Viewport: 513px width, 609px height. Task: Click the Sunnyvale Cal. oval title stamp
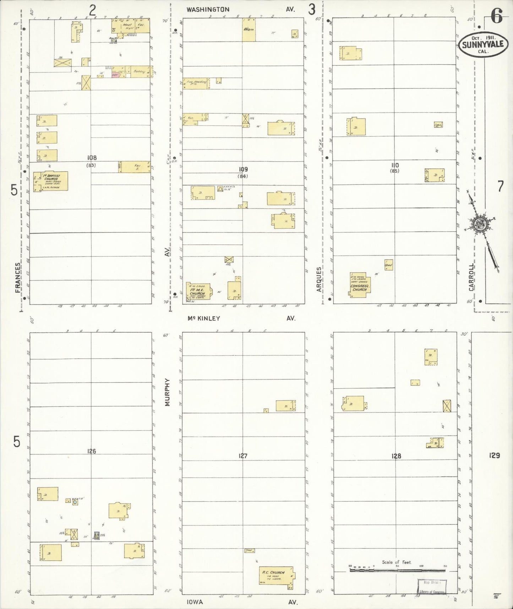[x=484, y=45]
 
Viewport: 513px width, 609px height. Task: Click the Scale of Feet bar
[x=397, y=570]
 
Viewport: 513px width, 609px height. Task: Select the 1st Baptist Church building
[x=51, y=181]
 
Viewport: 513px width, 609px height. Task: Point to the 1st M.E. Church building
[x=198, y=293]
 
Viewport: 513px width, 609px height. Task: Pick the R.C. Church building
[x=276, y=576]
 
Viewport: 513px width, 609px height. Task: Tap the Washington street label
[x=208, y=10]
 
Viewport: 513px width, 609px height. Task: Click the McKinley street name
[x=204, y=318]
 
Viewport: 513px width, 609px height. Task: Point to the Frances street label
[x=18, y=278]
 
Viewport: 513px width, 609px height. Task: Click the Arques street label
[x=318, y=279]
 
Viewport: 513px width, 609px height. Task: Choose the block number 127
[x=243, y=456]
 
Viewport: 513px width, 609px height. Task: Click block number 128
[x=396, y=456]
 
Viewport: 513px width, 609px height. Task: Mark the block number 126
[x=91, y=451]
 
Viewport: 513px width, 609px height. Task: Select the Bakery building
[x=138, y=72]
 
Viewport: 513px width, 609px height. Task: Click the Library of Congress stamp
[x=432, y=587]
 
